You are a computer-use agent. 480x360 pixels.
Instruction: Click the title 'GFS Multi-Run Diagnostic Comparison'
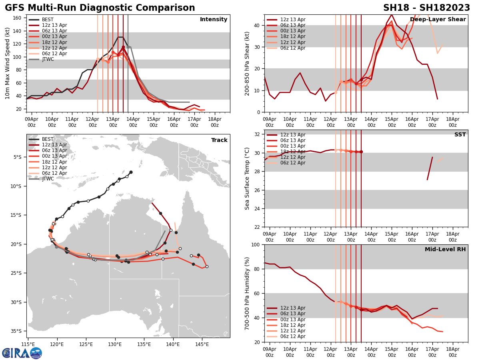tap(100, 8)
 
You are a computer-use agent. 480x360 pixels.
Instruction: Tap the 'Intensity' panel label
tap(214, 20)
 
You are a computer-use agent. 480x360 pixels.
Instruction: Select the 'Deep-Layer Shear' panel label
tap(438, 20)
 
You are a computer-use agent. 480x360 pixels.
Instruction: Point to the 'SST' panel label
tap(460, 135)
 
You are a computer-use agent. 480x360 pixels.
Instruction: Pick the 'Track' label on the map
tap(219, 140)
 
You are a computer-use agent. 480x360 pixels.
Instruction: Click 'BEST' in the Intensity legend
tap(48, 20)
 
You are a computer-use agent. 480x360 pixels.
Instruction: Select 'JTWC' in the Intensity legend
tap(48, 59)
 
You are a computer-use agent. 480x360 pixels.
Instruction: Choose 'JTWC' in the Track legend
tap(48, 179)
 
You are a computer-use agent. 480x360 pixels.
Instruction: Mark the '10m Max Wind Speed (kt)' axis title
tap(8, 64)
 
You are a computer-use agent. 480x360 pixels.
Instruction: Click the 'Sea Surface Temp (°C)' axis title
tap(247, 178)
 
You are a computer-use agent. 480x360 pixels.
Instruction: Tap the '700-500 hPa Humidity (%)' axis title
tap(247, 293)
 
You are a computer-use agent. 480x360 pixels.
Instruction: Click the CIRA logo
tap(22, 353)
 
